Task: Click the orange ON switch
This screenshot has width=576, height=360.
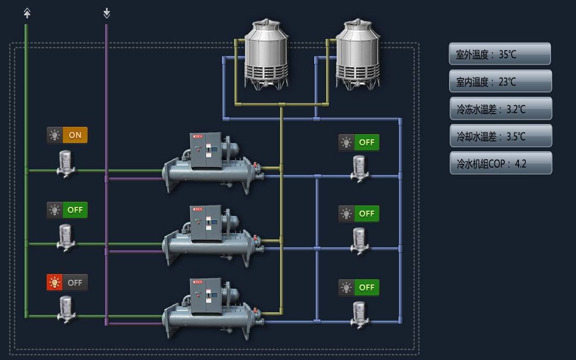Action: tap(75, 135)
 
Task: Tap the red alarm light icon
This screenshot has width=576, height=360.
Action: tap(54, 282)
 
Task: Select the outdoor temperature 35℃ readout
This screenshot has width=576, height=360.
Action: tap(500, 54)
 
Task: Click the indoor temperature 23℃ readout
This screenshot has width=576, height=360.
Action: tap(500, 81)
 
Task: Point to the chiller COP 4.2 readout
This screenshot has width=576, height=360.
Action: tap(500, 163)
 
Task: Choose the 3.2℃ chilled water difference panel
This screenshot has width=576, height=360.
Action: tap(500, 109)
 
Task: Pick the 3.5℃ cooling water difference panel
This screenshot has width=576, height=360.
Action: tap(500, 136)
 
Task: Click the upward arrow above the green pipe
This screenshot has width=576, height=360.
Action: tap(27, 13)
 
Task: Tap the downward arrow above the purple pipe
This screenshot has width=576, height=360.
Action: tap(107, 13)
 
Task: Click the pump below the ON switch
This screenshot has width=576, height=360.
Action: tap(66, 163)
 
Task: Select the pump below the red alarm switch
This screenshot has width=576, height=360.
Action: tap(66, 309)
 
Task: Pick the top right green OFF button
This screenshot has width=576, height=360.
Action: tap(367, 142)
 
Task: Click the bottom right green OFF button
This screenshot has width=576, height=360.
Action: tap(367, 287)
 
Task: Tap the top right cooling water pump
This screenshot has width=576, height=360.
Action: tap(360, 168)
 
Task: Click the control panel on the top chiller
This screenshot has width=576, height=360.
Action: tap(206, 150)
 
